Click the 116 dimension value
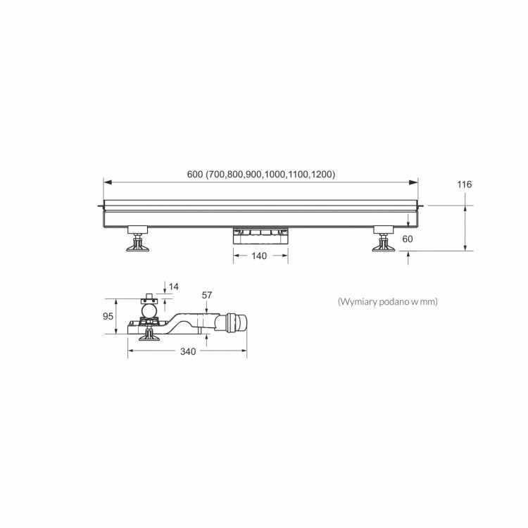[465, 184]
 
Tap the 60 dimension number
[408, 239]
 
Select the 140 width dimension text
[259, 256]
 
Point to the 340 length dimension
[188, 351]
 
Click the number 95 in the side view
[108, 316]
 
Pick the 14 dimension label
[174, 287]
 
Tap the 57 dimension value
[207, 295]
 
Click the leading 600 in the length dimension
[194, 174]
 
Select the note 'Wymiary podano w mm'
[388, 301]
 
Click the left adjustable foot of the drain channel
[137, 239]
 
